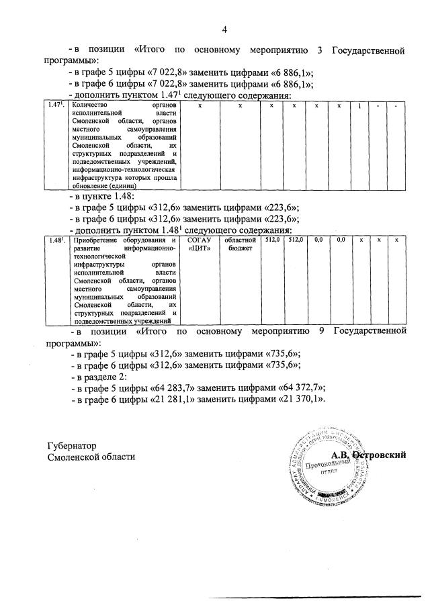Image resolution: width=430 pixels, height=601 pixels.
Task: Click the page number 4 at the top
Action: (224, 29)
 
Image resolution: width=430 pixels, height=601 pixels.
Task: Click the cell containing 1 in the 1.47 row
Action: (359, 106)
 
